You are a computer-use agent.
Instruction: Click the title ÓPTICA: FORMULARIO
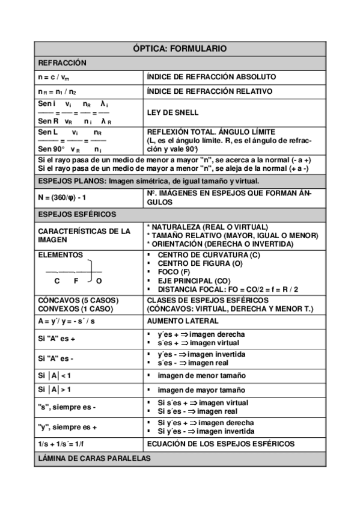click(x=179, y=49)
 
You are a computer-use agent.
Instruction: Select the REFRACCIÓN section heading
click(x=63, y=63)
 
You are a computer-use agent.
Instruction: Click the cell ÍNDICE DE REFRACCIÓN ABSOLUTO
click(x=212, y=77)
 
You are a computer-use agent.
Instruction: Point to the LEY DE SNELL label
click(x=172, y=112)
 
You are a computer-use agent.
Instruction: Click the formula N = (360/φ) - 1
click(x=68, y=198)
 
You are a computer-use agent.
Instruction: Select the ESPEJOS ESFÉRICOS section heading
click(x=77, y=214)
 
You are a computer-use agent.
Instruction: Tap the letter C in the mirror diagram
click(x=57, y=281)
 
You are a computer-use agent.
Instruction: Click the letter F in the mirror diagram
click(x=76, y=281)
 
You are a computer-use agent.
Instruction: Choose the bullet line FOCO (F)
click(x=173, y=272)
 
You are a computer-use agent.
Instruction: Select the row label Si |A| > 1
click(x=55, y=390)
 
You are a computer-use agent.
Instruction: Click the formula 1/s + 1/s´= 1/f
click(x=67, y=444)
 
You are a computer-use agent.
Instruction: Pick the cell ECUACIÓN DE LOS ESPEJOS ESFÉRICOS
click(x=221, y=444)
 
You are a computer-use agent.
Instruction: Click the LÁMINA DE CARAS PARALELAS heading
click(x=94, y=458)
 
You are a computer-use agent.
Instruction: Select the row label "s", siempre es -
click(x=67, y=407)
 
